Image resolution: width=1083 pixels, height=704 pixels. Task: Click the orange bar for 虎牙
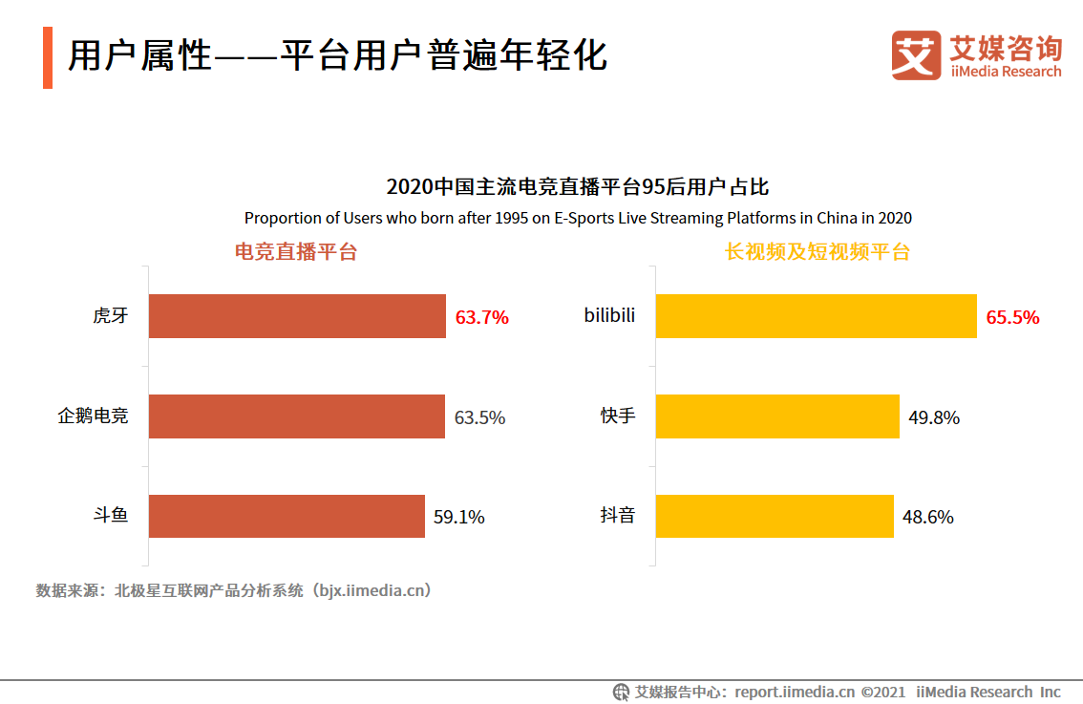coord(297,316)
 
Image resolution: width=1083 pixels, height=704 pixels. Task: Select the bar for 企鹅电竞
coord(296,416)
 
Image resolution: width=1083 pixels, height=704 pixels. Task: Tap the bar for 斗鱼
coord(287,517)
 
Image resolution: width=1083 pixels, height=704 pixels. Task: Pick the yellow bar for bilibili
coord(817,316)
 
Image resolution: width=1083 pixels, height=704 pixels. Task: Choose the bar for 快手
coord(777,416)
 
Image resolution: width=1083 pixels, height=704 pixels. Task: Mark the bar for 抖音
coord(775,517)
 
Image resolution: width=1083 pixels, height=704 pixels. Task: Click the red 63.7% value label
coord(481,317)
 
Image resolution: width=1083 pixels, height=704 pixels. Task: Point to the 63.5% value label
coord(479,417)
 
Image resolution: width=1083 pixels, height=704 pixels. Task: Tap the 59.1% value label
coord(459,518)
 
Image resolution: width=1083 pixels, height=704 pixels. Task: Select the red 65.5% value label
coord(1012,317)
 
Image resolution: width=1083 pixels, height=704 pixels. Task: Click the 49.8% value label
coord(933,417)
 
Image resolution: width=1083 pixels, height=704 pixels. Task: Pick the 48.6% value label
coord(927,518)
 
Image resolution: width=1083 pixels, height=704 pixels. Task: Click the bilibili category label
coord(609,315)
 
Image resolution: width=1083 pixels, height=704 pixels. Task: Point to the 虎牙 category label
coord(110,316)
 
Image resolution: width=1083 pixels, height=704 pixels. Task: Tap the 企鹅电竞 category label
coord(93,416)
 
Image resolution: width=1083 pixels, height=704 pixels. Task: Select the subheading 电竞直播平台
coord(296,252)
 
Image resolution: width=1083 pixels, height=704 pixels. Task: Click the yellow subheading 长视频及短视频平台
coord(818,252)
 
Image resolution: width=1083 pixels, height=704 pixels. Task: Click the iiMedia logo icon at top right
coord(916,55)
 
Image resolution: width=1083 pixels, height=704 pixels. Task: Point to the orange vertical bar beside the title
coord(48,57)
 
